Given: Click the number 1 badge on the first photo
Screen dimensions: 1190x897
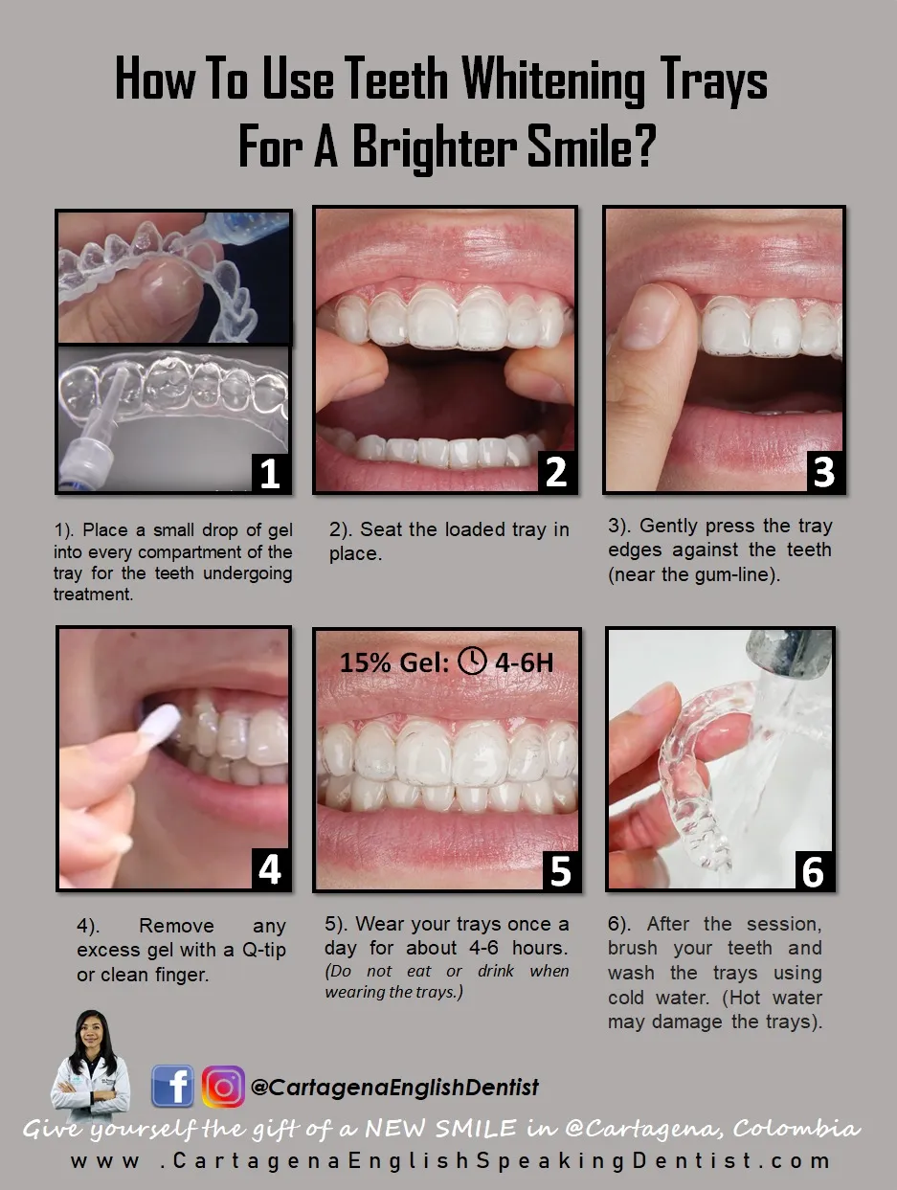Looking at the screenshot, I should [x=270, y=471].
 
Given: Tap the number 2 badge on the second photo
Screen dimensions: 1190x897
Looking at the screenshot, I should [x=555, y=471].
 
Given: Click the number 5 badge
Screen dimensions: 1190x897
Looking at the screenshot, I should [x=559, y=869].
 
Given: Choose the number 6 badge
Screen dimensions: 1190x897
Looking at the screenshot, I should [x=812, y=869].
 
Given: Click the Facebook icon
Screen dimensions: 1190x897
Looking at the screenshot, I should [x=172, y=1087].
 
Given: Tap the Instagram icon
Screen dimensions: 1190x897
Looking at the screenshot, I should [x=223, y=1087].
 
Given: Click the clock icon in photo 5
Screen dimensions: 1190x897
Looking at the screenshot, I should [x=472, y=661].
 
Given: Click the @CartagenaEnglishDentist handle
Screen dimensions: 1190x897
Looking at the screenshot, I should [x=394, y=1088].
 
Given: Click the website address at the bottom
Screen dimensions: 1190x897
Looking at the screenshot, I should [x=450, y=1161].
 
